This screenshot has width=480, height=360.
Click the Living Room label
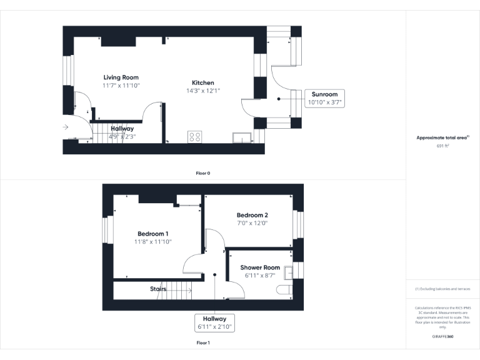121,77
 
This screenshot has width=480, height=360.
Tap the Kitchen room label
203,82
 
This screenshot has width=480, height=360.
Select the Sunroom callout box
324,98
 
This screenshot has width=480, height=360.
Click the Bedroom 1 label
153,234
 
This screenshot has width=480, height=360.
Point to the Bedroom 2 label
252,215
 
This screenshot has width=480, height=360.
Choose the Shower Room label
260,267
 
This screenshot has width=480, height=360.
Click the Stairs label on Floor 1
158,289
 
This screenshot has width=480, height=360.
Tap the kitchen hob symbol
195,136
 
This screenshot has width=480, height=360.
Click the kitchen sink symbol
241,137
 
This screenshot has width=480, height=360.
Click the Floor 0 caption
202,172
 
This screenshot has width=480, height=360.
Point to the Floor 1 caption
202,342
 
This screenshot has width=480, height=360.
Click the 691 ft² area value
443,146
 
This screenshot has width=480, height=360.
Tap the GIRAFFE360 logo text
443,337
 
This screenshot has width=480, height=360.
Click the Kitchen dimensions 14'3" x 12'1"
203,91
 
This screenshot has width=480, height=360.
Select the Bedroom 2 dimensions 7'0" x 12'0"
252,223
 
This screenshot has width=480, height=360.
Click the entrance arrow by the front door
66,127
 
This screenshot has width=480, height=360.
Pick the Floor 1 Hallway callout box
214,322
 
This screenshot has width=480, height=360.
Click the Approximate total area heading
442,137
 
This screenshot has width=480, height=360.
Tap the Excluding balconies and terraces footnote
442,289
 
